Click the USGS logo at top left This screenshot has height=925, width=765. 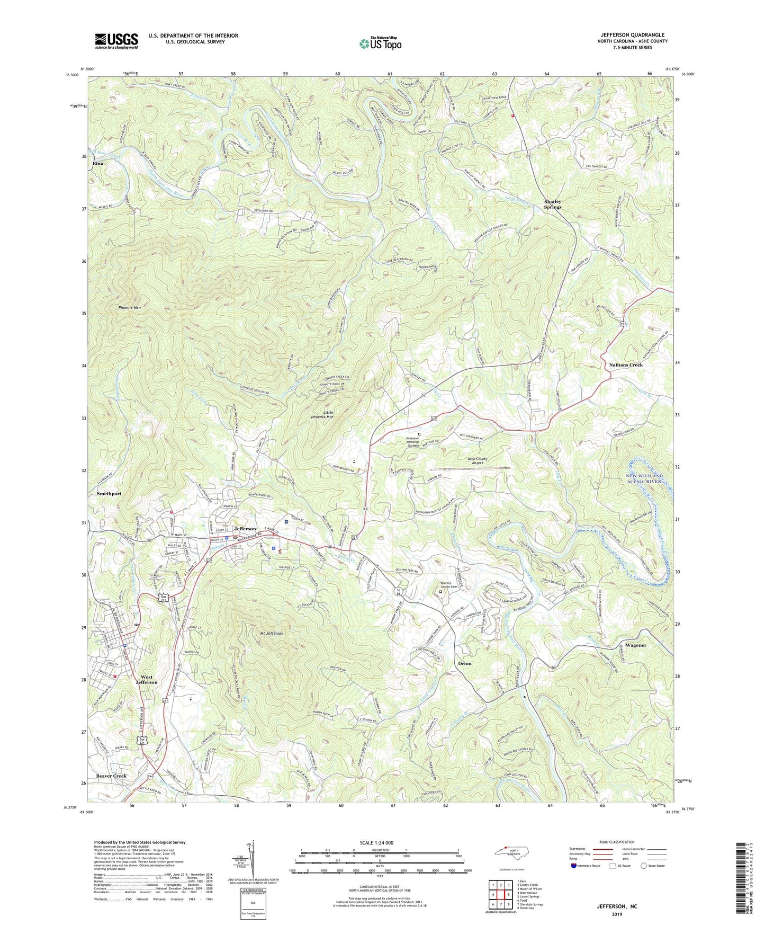[116, 41]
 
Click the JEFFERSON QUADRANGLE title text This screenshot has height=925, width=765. [632, 35]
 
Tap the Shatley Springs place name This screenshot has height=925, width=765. [553, 204]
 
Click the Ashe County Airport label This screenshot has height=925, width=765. [477, 461]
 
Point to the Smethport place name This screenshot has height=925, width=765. [109, 493]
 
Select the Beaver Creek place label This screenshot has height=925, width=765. [111, 776]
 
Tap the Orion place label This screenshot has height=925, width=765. [464, 663]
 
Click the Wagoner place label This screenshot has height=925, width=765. [636, 645]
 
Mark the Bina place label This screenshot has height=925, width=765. [98, 164]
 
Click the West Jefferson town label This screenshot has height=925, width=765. [146, 680]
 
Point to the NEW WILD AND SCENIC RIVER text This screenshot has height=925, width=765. [644, 478]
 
